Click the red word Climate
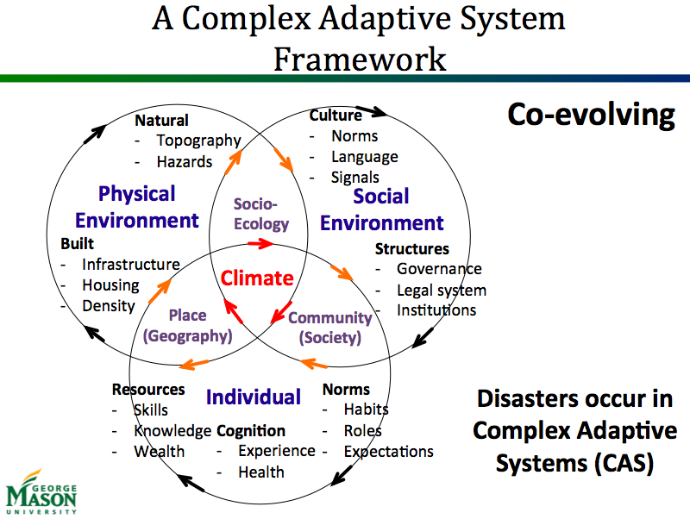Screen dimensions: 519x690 (257, 278)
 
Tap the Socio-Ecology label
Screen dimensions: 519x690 (261, 214)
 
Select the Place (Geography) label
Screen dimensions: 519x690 (187, 326)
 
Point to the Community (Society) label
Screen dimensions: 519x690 (329, 327)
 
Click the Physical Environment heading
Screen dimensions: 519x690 (136, 207)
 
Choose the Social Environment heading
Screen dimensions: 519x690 (382, 209)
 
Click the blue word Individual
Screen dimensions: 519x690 (254, 397)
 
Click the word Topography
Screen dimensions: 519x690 (198, 141)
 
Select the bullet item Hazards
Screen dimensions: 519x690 (184, 162)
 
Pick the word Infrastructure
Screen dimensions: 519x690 (130, 265)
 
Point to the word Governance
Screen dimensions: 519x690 (439, 269)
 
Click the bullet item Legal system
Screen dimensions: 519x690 (441, 291)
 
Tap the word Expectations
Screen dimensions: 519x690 (388, 451)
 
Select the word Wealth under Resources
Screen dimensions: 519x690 (159, 451)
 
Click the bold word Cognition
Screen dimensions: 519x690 (251, 431)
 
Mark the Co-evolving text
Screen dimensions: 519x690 (590, 116)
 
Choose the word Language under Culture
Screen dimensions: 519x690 (364, 157)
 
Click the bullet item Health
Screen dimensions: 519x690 (261, 472)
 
